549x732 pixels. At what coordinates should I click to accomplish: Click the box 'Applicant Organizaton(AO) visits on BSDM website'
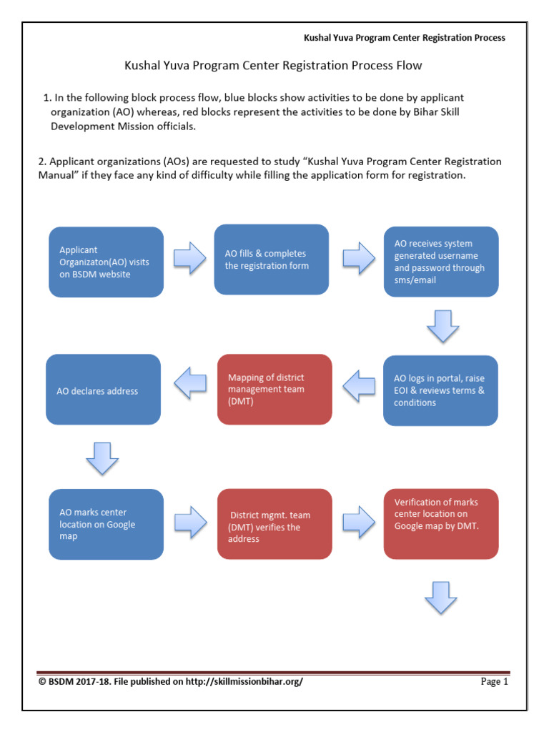(106, 262)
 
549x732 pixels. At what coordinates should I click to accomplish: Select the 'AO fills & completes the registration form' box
(272, 259)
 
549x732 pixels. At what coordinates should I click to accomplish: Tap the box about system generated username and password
(440, 262)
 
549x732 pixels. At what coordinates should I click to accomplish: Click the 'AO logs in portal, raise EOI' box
(440, 390)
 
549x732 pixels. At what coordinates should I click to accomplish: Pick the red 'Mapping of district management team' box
(274, 390)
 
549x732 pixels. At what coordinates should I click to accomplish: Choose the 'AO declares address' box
(103, 390)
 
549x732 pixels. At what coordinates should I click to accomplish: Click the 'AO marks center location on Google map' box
(106, 524)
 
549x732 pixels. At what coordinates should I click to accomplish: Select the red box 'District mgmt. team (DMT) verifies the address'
(274, 524)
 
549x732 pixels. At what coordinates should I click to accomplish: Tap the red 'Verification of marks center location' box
(440, 524)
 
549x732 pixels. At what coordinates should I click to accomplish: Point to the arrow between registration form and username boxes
(358, 257)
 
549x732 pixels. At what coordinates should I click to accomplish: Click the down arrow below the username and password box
(442, 326)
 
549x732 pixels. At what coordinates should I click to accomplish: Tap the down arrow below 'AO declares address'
(102, 458)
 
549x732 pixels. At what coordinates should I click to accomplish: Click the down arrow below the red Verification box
(441, 597)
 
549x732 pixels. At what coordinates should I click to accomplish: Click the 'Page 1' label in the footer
(494, 682)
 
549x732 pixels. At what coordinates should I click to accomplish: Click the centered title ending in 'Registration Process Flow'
(274, 66)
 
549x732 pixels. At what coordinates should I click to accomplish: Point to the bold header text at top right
(405, 38)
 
